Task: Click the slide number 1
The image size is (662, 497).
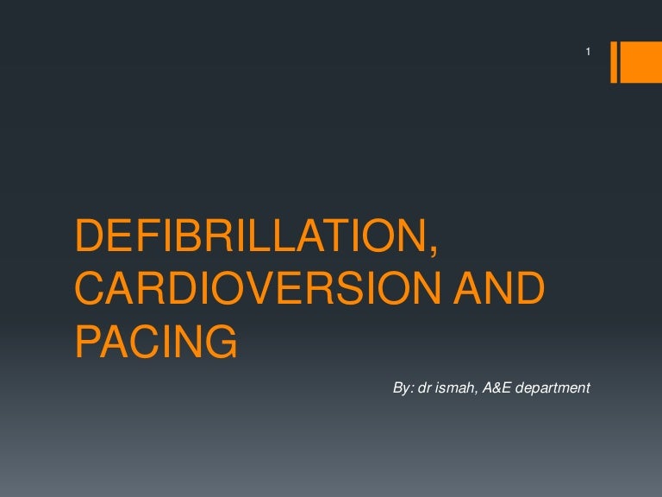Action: click(587, 53)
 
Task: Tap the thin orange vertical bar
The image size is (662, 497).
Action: click(615, 62)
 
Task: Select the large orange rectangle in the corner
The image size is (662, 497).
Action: click(642, 62)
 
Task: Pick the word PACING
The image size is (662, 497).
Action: click(156, 343)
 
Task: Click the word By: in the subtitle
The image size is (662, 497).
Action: click(403, 388)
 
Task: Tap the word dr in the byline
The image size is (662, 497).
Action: click(424, 388)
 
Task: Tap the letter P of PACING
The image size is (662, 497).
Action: click(89, 343)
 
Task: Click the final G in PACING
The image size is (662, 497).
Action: click(220, 343)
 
